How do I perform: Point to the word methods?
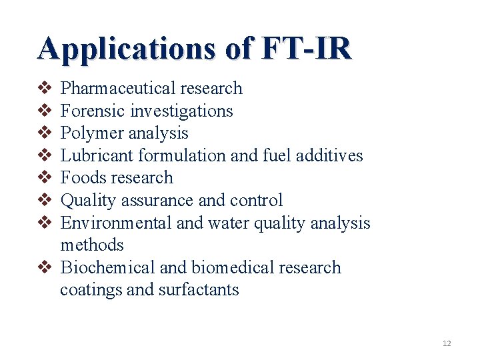(92, 245)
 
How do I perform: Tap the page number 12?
(447, 343)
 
